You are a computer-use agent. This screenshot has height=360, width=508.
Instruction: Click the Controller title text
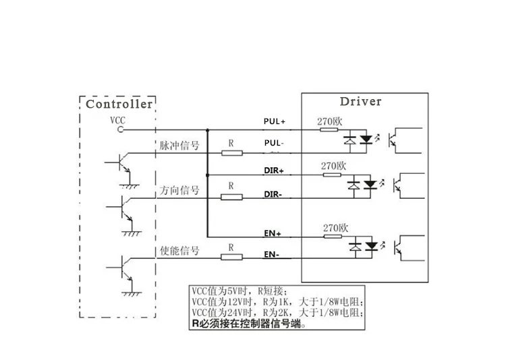point(119,104)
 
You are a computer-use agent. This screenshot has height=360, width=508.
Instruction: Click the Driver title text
point(360,101)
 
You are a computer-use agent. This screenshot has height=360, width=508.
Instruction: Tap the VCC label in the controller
point(117,121)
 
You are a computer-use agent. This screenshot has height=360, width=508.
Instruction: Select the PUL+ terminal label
point(275,121)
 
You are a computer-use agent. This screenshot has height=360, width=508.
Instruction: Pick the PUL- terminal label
point(274,143)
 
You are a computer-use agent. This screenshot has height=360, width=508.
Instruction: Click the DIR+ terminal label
point(274,171)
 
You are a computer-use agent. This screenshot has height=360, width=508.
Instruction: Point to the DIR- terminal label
point(273,194)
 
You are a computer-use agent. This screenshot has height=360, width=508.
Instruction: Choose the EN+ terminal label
point(273,233)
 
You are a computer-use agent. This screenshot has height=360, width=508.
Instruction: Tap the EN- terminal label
point(271,254)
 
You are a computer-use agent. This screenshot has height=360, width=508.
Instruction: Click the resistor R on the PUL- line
point(232,153)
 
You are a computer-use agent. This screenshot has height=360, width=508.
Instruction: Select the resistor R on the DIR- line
point(231,197)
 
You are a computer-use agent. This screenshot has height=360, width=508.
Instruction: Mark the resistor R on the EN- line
point(231,257)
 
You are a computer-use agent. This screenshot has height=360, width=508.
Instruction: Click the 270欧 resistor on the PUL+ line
point(329,129)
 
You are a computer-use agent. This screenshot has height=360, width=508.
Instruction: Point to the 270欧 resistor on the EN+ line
point(333,237)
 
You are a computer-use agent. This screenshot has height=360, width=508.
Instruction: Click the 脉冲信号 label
point(179,146)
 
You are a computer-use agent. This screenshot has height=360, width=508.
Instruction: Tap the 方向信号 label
point(179,190)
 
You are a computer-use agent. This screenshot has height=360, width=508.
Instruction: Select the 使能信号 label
point(179,250)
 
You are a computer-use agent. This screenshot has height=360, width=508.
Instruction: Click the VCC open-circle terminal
point(120,129)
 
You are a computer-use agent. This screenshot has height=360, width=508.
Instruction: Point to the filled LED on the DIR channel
point(370,185)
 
